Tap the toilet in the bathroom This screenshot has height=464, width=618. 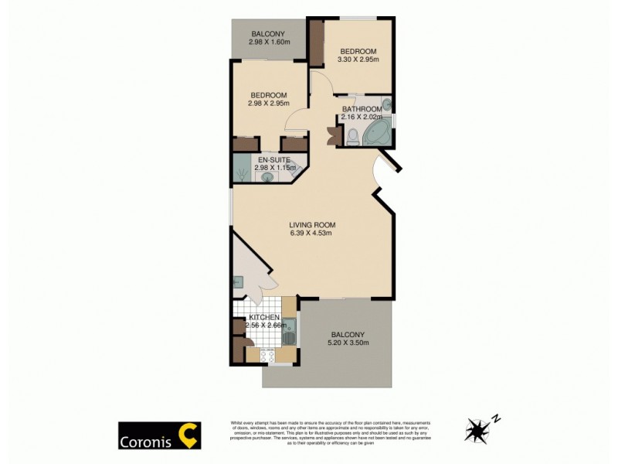pos(352,137)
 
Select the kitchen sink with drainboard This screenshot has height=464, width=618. pos(288,333)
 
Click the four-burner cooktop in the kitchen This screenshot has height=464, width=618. pos(267,356)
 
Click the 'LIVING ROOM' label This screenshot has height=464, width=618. pos(312,224)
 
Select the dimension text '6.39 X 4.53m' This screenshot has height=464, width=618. pos(312,234)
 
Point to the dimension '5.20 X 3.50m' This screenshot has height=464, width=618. pos(348,343)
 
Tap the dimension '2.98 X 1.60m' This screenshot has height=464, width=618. pos(269,42)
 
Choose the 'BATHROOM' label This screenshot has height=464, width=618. pos(362,109)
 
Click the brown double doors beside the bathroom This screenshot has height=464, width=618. pos(333,135)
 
